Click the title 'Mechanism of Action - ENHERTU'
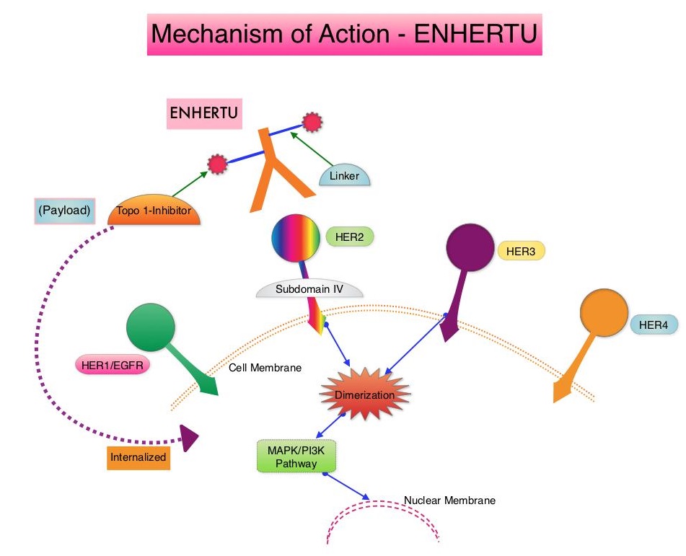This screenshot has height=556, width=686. pos(344,34)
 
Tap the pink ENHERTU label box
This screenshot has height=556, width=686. pos(204,114)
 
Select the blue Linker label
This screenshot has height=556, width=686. pos(344,176)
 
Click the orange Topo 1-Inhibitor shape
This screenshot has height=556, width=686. pos(154,211)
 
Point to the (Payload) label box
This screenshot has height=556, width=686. pos(65,211)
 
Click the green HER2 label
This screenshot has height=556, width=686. pos(350,236)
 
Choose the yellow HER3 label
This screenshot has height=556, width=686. pos(521,251)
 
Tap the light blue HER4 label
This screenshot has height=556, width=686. pos(654,325)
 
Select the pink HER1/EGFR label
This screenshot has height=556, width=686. pos(112,366)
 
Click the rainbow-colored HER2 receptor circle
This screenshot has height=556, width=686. pos(295,238)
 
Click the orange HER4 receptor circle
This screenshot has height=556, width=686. pos(604,314)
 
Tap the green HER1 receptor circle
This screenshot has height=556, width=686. pos(151,328)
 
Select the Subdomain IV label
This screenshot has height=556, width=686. pos(309,289)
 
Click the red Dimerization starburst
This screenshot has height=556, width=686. pos(364,394)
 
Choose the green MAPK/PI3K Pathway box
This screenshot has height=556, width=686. pos(296,456)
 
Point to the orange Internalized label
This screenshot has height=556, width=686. pos(138,456)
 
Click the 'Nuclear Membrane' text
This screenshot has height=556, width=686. pos(449,500)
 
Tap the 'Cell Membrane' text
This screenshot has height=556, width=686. pos(265,368)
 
